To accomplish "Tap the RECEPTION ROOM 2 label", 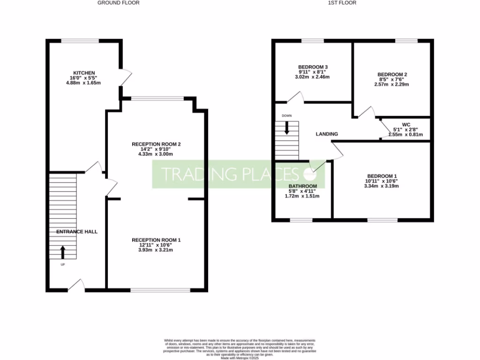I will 156,143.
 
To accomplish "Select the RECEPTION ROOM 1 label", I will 156,240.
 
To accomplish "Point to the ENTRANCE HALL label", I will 77,232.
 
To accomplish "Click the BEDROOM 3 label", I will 312,66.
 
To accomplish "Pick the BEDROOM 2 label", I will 392,74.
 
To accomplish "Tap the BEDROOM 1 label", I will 381,176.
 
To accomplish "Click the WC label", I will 406,125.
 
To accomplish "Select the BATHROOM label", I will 302,186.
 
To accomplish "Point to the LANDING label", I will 327,134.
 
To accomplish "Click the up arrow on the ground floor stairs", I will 63,252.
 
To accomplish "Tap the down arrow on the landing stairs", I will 286,128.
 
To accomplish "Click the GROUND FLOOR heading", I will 118,3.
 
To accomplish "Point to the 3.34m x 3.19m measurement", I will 382,186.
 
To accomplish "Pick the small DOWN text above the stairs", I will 286,116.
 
